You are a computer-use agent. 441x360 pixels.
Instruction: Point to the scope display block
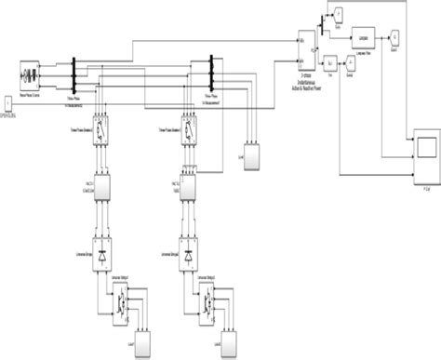[x=427, y=146]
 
